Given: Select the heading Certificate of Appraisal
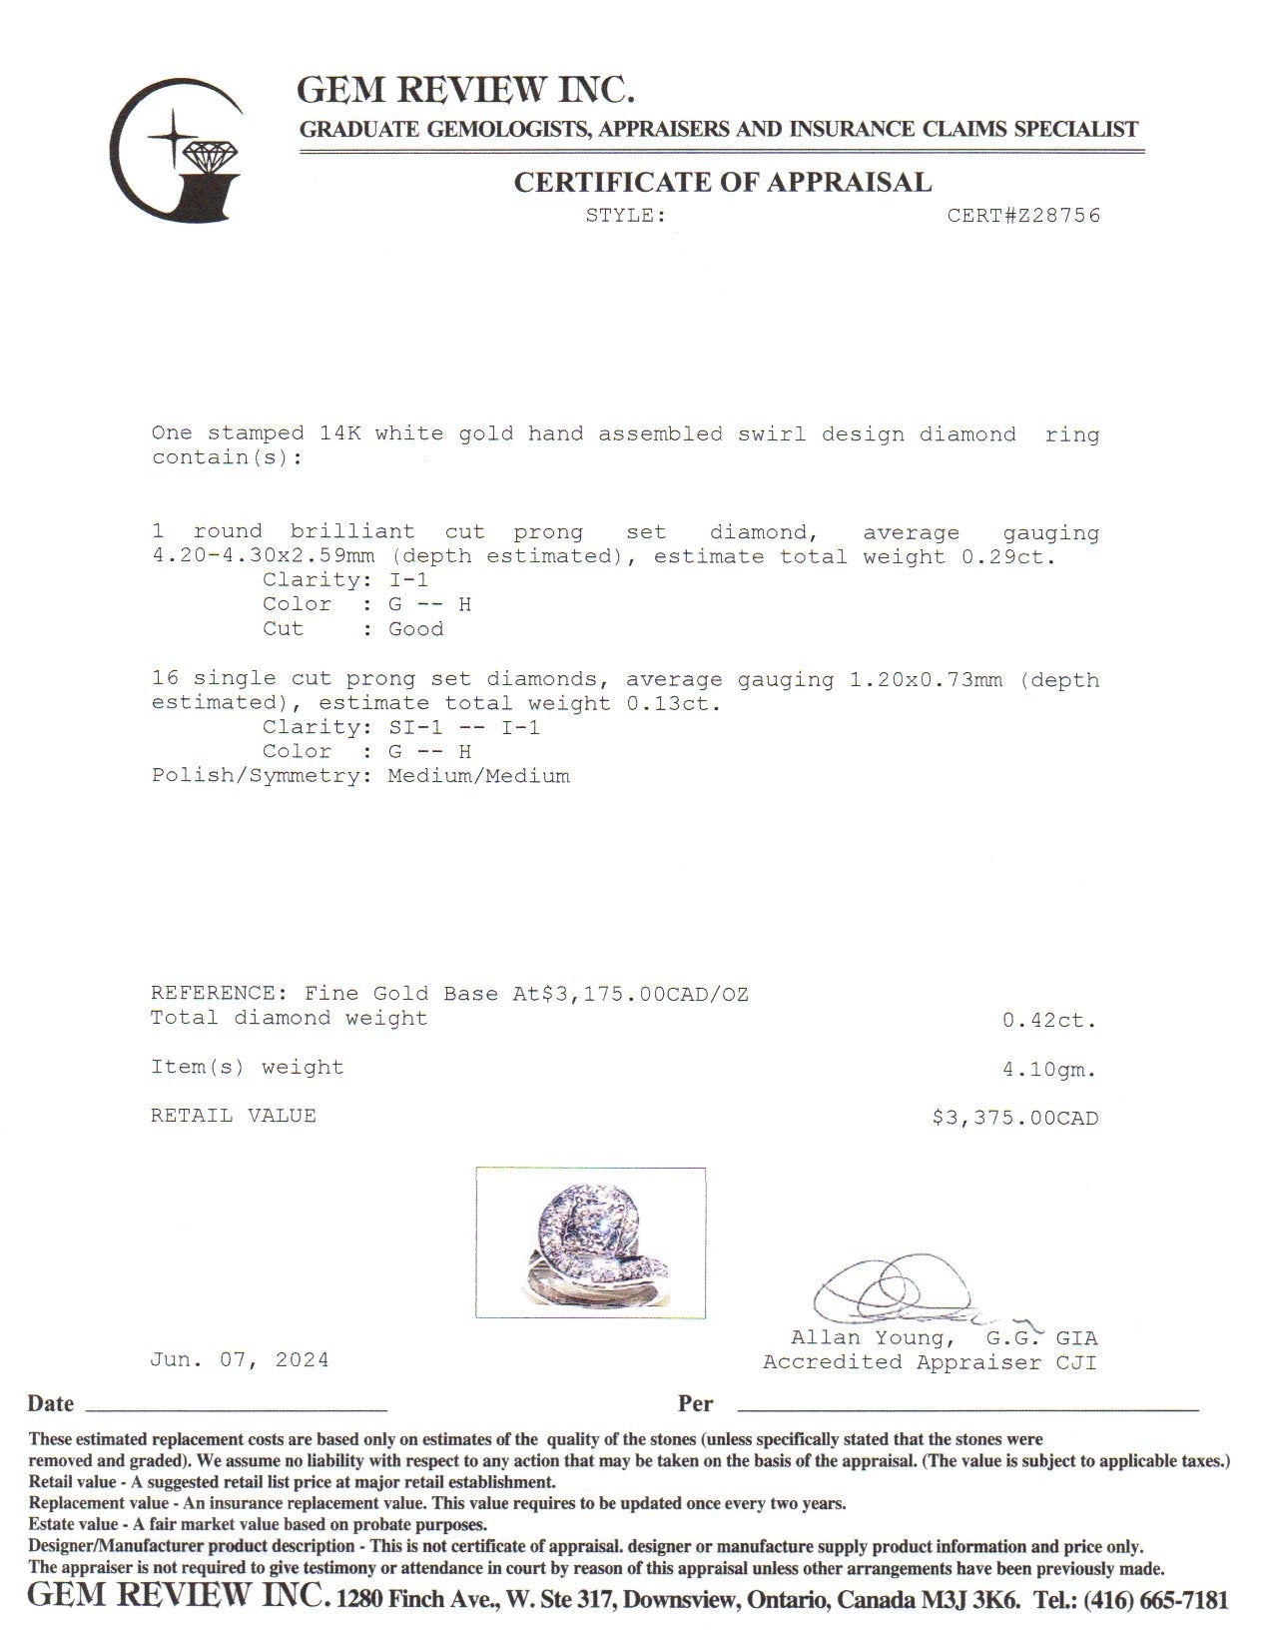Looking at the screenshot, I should coord(722,182).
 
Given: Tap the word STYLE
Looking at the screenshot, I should coord(625,216).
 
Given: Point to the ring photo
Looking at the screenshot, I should coord(590,1242).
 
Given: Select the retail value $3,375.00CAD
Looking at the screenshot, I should coord(1014,1118).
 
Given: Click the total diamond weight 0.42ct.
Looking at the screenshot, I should coord(1049,1021).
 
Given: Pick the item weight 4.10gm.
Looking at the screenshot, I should coord(1049,1070).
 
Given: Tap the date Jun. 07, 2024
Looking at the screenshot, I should coord(240,1360).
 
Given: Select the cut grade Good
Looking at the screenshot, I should coord(416,629).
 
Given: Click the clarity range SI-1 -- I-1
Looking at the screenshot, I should coord(464,728).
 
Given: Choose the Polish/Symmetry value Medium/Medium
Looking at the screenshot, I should coord(479,776).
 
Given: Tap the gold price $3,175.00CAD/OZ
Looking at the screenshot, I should coord(644,994).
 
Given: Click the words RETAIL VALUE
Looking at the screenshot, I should coord(234,1116).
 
